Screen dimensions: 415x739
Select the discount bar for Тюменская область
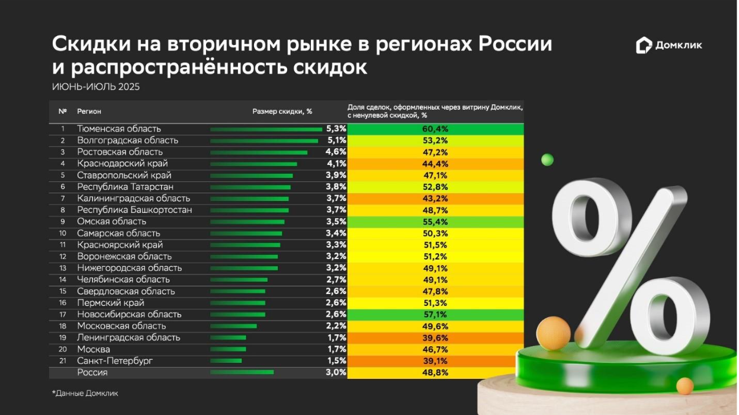(266, 129)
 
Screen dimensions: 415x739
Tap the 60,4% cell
(435, 129)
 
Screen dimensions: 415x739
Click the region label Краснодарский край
(123, 164)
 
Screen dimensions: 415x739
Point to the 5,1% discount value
(336, 141)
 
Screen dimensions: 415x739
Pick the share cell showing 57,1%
(435, 314)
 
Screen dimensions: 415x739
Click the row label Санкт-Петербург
(115, 361)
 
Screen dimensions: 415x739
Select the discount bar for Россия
(242, 372)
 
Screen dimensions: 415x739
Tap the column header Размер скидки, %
(282, 111)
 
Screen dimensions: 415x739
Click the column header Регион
(89, 111)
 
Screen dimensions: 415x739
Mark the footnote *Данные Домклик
(85, 393)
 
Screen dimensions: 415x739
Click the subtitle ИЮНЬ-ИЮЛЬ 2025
(96, 87)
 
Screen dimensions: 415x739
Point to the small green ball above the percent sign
(547, 159)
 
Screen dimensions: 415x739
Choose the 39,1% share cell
(435, 361)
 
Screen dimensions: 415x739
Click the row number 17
(62, 314)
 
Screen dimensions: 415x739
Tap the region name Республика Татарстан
(126, 187)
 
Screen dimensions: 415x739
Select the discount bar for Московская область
(233, 326)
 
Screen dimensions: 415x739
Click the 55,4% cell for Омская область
(435, 222)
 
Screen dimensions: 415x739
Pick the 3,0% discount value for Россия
(336, 372)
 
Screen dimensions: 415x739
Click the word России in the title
(515, 44)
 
